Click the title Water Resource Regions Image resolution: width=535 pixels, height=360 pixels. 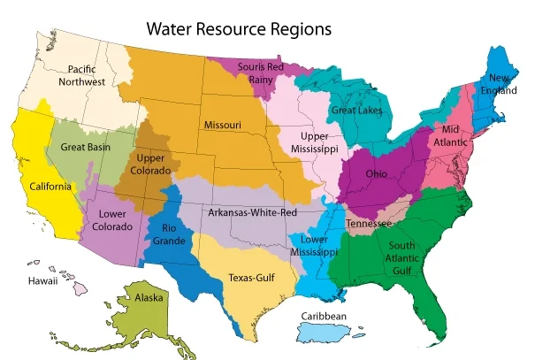click(239, 29)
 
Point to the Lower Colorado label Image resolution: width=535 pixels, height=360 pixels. click(113, 219)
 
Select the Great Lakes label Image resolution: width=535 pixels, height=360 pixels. click(355, 111)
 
